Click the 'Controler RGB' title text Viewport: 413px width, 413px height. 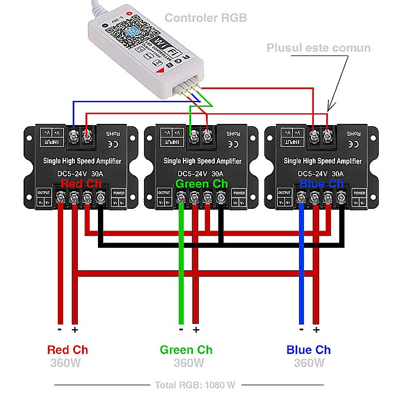click(206, 18)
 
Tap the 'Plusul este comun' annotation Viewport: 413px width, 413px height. click(319, 48)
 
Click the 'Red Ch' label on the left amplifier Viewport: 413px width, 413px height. click(81, 184)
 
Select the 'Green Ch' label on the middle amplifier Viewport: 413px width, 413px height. click(202, 184)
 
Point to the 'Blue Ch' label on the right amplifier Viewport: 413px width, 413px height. click(322, 184)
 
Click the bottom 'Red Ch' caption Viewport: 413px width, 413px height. click(68, 350)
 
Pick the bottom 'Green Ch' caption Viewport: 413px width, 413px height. click(186, 350)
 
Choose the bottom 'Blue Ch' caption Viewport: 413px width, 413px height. click(309, 350)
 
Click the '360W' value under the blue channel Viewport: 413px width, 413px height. click(309, 363)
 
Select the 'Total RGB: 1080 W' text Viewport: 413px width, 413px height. click(195, 385)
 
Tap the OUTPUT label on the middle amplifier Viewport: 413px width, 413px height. click(164, 193)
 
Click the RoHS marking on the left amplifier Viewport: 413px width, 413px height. click(112, 134)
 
